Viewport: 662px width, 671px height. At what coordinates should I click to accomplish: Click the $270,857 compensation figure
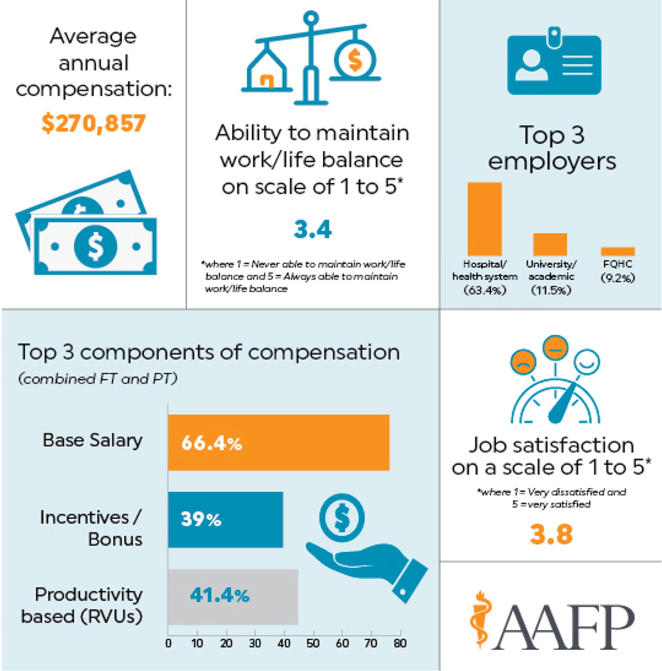click(x=94, y=123)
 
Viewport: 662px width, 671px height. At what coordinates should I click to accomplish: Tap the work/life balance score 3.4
click(x=313, y=230)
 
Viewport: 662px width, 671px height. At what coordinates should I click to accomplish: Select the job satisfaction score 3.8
click(x=551, y=535)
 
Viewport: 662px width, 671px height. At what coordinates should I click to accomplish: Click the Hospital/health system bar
click(x=485, y=219)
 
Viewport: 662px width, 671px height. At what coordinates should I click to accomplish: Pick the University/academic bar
click(x=550, y=244)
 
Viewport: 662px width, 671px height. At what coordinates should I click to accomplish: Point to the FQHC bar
click(x=618, y=251)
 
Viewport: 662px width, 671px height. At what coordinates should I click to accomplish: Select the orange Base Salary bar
click(x=279, y=442)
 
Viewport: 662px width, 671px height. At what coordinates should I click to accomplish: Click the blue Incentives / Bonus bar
click(x=226, y=519)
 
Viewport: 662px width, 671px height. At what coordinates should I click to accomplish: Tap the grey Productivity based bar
click(x=233, y=596)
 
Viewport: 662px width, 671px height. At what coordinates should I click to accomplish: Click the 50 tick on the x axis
click(x=313, y=643)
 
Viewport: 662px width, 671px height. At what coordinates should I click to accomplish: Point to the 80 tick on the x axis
click(x=400, y=643)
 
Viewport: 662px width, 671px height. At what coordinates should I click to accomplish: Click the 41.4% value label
click(x=220, y=595)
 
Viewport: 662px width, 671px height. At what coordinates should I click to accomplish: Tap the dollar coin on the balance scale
click(x=355, y=59)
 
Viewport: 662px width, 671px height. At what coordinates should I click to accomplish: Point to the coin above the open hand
click(x=342, y=518)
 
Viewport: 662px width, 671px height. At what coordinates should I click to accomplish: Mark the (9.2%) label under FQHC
click(x=618, y=278)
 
